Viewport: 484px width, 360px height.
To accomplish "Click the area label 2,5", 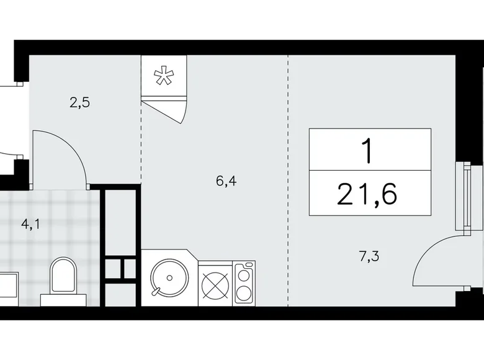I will (80, 103).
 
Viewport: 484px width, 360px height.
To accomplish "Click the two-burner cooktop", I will (244, 284).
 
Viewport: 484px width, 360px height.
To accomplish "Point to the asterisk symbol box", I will (164, 76).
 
